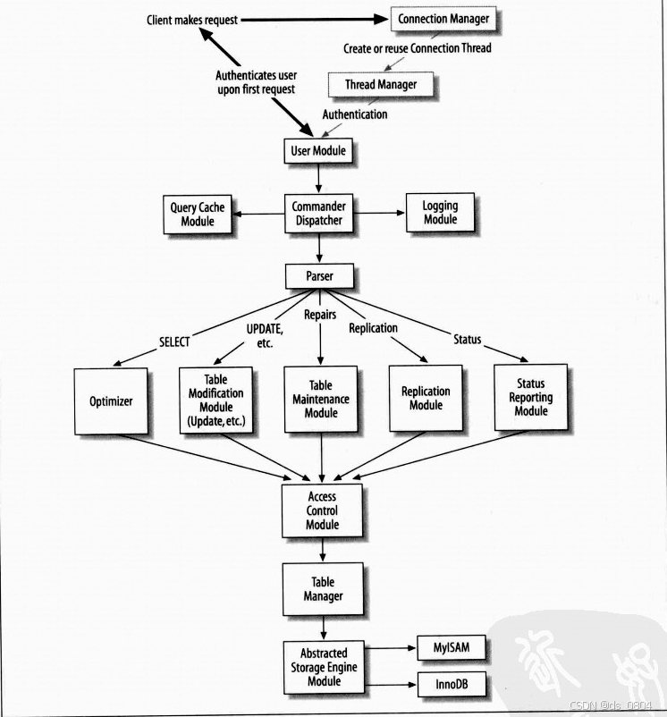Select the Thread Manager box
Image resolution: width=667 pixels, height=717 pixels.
[x=381, y=85]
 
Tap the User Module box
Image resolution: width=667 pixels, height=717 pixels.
[x=318, y=151]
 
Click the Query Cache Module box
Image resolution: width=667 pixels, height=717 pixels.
[x=198, y=215]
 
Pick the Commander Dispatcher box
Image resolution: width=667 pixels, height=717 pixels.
[x=318, y=214]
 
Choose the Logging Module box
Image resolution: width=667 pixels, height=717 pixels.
[x=440, y=213]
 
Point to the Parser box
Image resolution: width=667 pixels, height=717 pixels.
[x=319, y=276]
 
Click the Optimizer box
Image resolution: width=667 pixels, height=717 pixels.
[x=111, y=401]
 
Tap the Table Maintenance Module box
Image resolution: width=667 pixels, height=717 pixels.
[x=320, y=399]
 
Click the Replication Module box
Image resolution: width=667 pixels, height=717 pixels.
[x=426, y=398]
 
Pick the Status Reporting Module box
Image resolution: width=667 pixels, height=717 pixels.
[x=530, y=397]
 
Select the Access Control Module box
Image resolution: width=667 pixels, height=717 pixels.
[x=322, y=510]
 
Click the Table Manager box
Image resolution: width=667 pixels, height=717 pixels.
[x=322, y=589]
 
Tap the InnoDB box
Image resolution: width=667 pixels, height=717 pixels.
[x=452, y=686]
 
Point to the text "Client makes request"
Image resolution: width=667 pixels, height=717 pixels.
[x=192, y=20]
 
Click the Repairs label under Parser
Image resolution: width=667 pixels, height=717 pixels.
[x=320, y=315]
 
